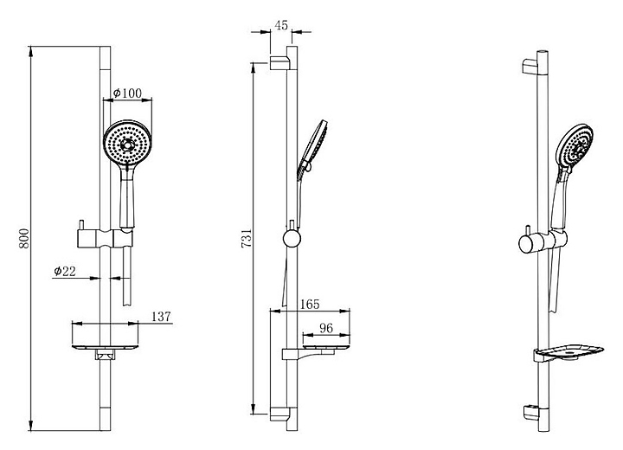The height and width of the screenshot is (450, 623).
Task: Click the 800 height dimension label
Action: [24, 239]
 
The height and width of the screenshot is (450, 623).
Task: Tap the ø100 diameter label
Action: [127, 93]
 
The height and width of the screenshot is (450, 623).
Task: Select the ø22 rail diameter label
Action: [65, 271]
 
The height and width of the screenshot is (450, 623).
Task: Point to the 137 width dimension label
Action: [161, 317]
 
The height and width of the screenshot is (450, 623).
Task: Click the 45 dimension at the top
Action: [281, 25]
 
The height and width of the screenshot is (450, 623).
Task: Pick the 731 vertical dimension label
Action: [247, 238]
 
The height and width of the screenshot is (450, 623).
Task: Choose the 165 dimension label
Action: [310, 304]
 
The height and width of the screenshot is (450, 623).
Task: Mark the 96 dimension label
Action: [326, 328]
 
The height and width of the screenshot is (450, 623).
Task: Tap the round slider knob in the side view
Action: [292, 239]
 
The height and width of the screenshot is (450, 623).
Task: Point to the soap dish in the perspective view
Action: [569, 352]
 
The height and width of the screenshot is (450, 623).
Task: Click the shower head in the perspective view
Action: [575, 146]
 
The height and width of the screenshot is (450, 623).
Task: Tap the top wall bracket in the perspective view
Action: [530, 67]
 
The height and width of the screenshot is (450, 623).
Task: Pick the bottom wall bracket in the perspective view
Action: [530, 412]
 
